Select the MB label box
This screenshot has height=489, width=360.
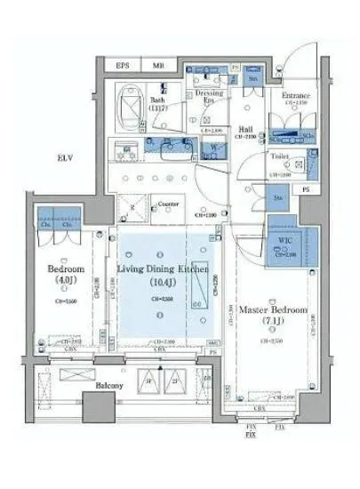click(158, 65)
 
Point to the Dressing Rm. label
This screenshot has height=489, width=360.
click(210, 96)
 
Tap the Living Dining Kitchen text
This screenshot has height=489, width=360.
click(163, 268)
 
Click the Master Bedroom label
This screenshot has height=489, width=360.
click(273, 310)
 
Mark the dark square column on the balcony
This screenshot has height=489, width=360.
click(98, 405)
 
